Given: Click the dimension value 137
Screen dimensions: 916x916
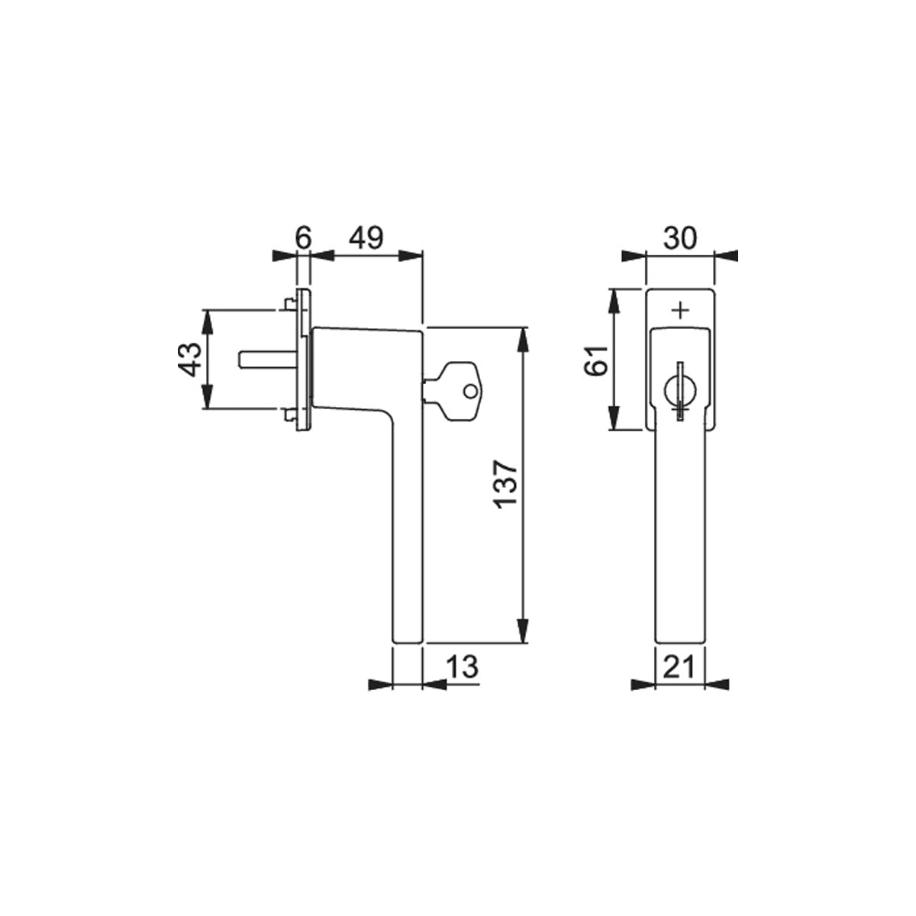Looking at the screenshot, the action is coord(506,485).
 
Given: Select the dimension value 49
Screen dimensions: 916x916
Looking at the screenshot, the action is coord(366,238).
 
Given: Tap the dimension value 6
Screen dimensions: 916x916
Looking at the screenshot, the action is coord(303,238).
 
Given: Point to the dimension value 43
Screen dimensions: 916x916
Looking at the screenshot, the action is coord(192,359).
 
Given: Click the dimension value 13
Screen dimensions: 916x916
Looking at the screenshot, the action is coord(462,666).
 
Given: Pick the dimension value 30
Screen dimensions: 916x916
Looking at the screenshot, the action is coord(680,238).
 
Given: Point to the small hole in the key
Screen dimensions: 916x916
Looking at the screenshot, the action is coord(470,392).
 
